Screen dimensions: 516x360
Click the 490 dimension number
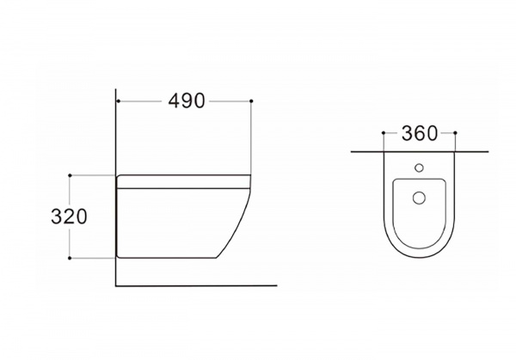(187, 101)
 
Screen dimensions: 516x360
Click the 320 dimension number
(69, 217)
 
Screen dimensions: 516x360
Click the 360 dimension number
(420, 133)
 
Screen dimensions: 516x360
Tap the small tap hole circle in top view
(419, 168)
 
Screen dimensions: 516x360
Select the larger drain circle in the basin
(419, 198)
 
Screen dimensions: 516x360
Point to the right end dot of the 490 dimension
(251, 101)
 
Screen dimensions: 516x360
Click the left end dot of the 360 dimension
(384, 133)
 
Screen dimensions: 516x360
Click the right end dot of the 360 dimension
(455, 133)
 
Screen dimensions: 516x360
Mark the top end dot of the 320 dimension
(70, 175)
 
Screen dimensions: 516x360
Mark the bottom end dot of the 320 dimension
(70, 258)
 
